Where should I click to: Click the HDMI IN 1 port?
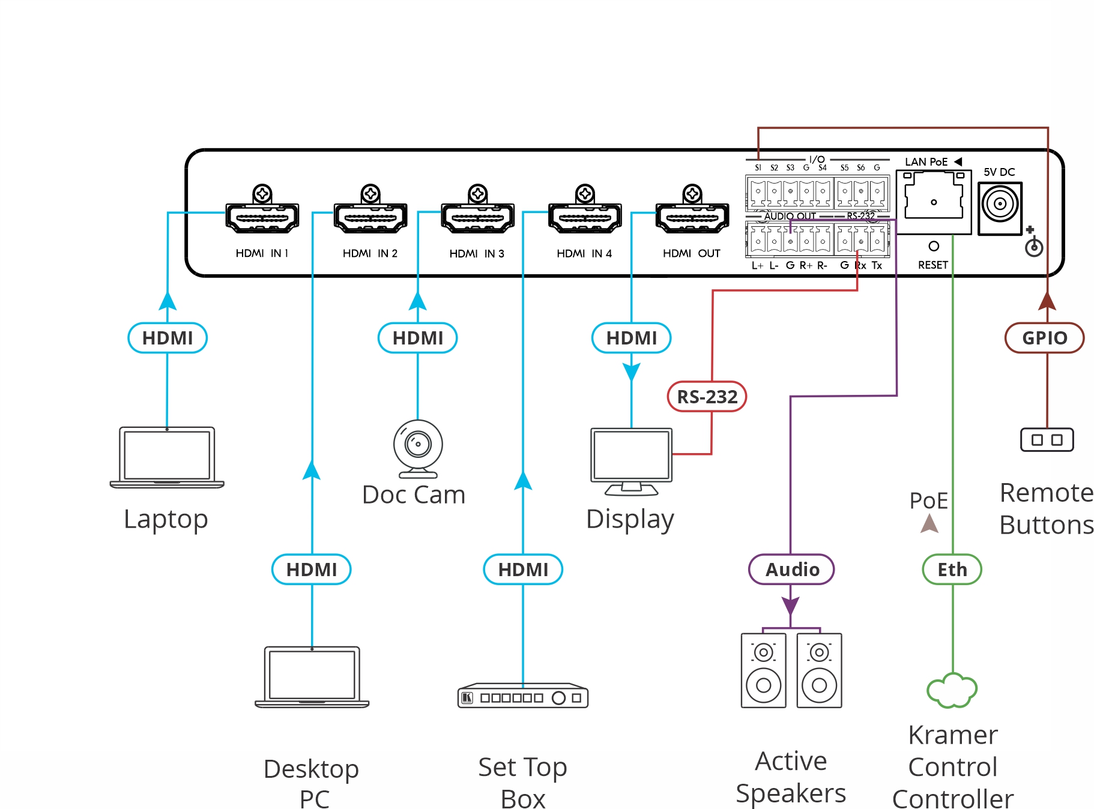point(262,217)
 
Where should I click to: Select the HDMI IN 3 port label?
point(477,254)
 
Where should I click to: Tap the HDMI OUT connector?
point(692,217)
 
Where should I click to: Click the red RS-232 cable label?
point(707,397)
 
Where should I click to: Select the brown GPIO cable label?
point(1045,338)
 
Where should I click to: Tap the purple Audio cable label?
point(792,570)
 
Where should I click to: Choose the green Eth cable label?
point(952,570)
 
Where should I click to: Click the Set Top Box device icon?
point(523,696)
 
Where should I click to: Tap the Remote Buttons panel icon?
point(1047,440)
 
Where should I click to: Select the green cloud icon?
point(952,690)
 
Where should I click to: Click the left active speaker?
point(763,670)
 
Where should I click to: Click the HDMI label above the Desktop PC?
point(312,570)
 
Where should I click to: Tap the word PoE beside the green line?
point(928,501)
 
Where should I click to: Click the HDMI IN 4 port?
point(585,217)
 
